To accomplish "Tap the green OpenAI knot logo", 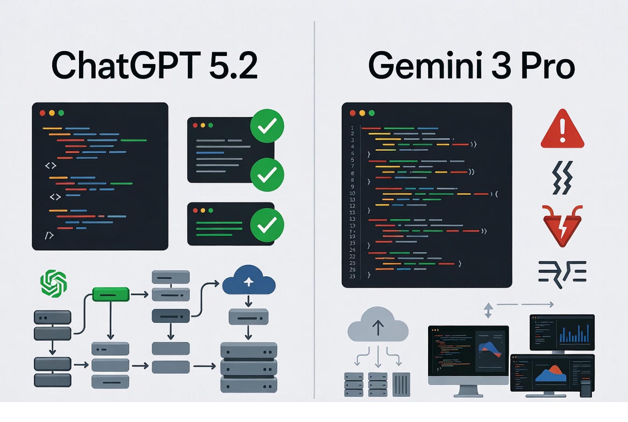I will tap(54, 283).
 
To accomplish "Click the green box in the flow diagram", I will tap(111, 294).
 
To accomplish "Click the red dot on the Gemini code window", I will tap(353, 113).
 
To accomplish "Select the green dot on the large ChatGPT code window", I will tap(61, 113).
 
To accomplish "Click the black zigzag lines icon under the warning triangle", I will tap(562, 178).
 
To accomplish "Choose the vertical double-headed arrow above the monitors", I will tap(488, 311).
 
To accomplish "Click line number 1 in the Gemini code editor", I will tap(352, 128).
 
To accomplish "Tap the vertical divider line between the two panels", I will tap(314, 210).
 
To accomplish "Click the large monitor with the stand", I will tap(468, 355).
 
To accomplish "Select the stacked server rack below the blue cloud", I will tap(248, 368).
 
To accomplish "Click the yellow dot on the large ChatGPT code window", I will tap(52, 113).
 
